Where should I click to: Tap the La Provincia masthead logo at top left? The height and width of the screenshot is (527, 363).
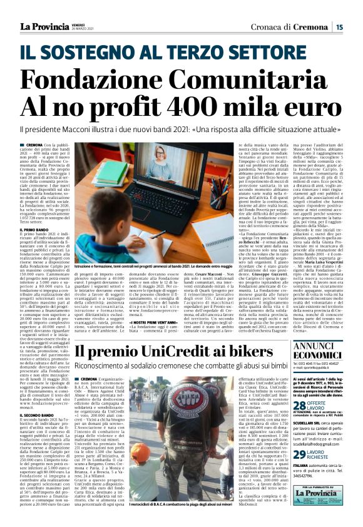[46, 26]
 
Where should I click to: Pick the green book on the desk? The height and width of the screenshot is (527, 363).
[112, 173]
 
